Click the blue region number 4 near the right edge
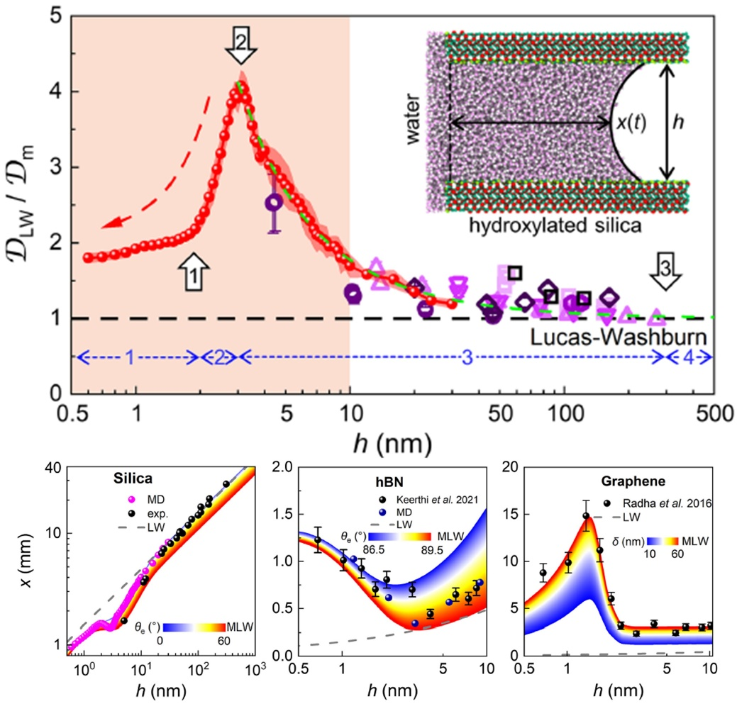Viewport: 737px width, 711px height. tap(688, 358)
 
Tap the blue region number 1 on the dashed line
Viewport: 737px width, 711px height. tap(129, 358)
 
